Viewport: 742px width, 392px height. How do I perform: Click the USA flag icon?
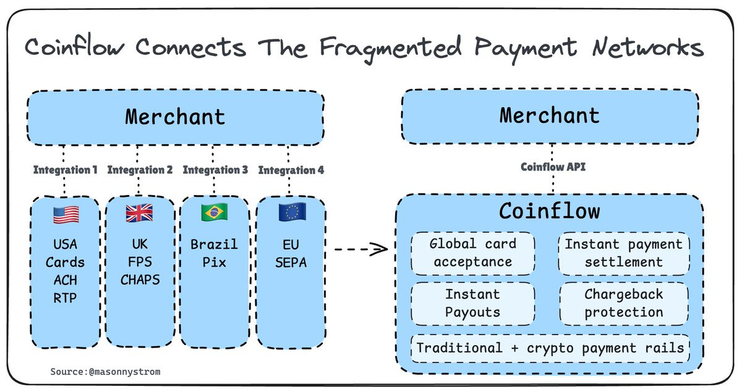pyautogui.click(x=66, y=214)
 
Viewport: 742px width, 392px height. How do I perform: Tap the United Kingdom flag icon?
pyautogui.click(x=139, y=214)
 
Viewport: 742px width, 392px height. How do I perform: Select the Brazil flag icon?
pyautogui.click(x=214, y=213)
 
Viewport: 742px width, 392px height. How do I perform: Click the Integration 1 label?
pyautogui.click(x=66, y=170)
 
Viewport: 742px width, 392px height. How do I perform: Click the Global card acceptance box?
pyautogui.click(x=472, y=252)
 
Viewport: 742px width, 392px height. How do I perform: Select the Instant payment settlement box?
pyautogui.click(x=623, y=252)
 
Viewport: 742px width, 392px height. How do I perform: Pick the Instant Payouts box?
pyautogui.click(x=472, y=302)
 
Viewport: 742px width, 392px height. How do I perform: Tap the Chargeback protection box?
pyautogui.click(x=623, y=302)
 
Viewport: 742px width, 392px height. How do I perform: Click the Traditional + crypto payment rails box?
pyautogui.click(x=550, y=348)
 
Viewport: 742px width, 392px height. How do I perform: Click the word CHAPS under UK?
pyautogui.click(x=140, y=280)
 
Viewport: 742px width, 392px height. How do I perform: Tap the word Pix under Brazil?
pyautogui.click(x=214, y=262)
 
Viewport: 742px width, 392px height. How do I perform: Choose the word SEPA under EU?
pyautogui.click(x=291, y=262)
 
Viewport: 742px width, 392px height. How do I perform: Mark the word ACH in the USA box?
pyautogui.click(x=65, y=280)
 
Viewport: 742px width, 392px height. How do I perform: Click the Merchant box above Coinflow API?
pyautogui.click(x=549, y=115)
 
